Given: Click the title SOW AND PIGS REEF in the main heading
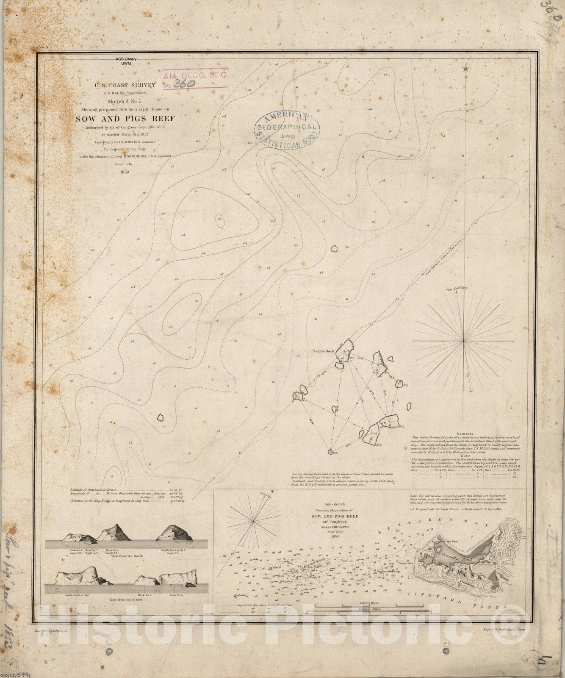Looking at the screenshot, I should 125,119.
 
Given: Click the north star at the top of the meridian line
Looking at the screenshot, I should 466,68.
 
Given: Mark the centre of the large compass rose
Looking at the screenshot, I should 464,340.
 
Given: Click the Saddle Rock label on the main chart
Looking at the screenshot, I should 324,351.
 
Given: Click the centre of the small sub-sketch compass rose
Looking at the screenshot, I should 253,520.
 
